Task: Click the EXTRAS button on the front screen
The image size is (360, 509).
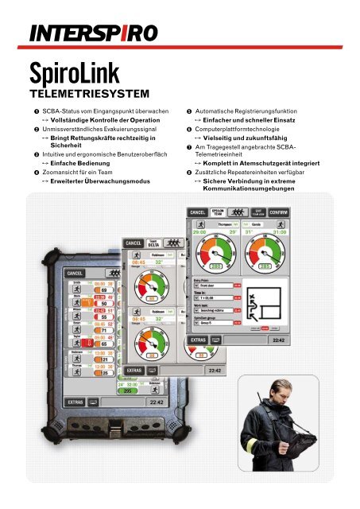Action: pos(199,340)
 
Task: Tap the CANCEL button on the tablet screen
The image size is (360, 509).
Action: pos(75,273)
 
